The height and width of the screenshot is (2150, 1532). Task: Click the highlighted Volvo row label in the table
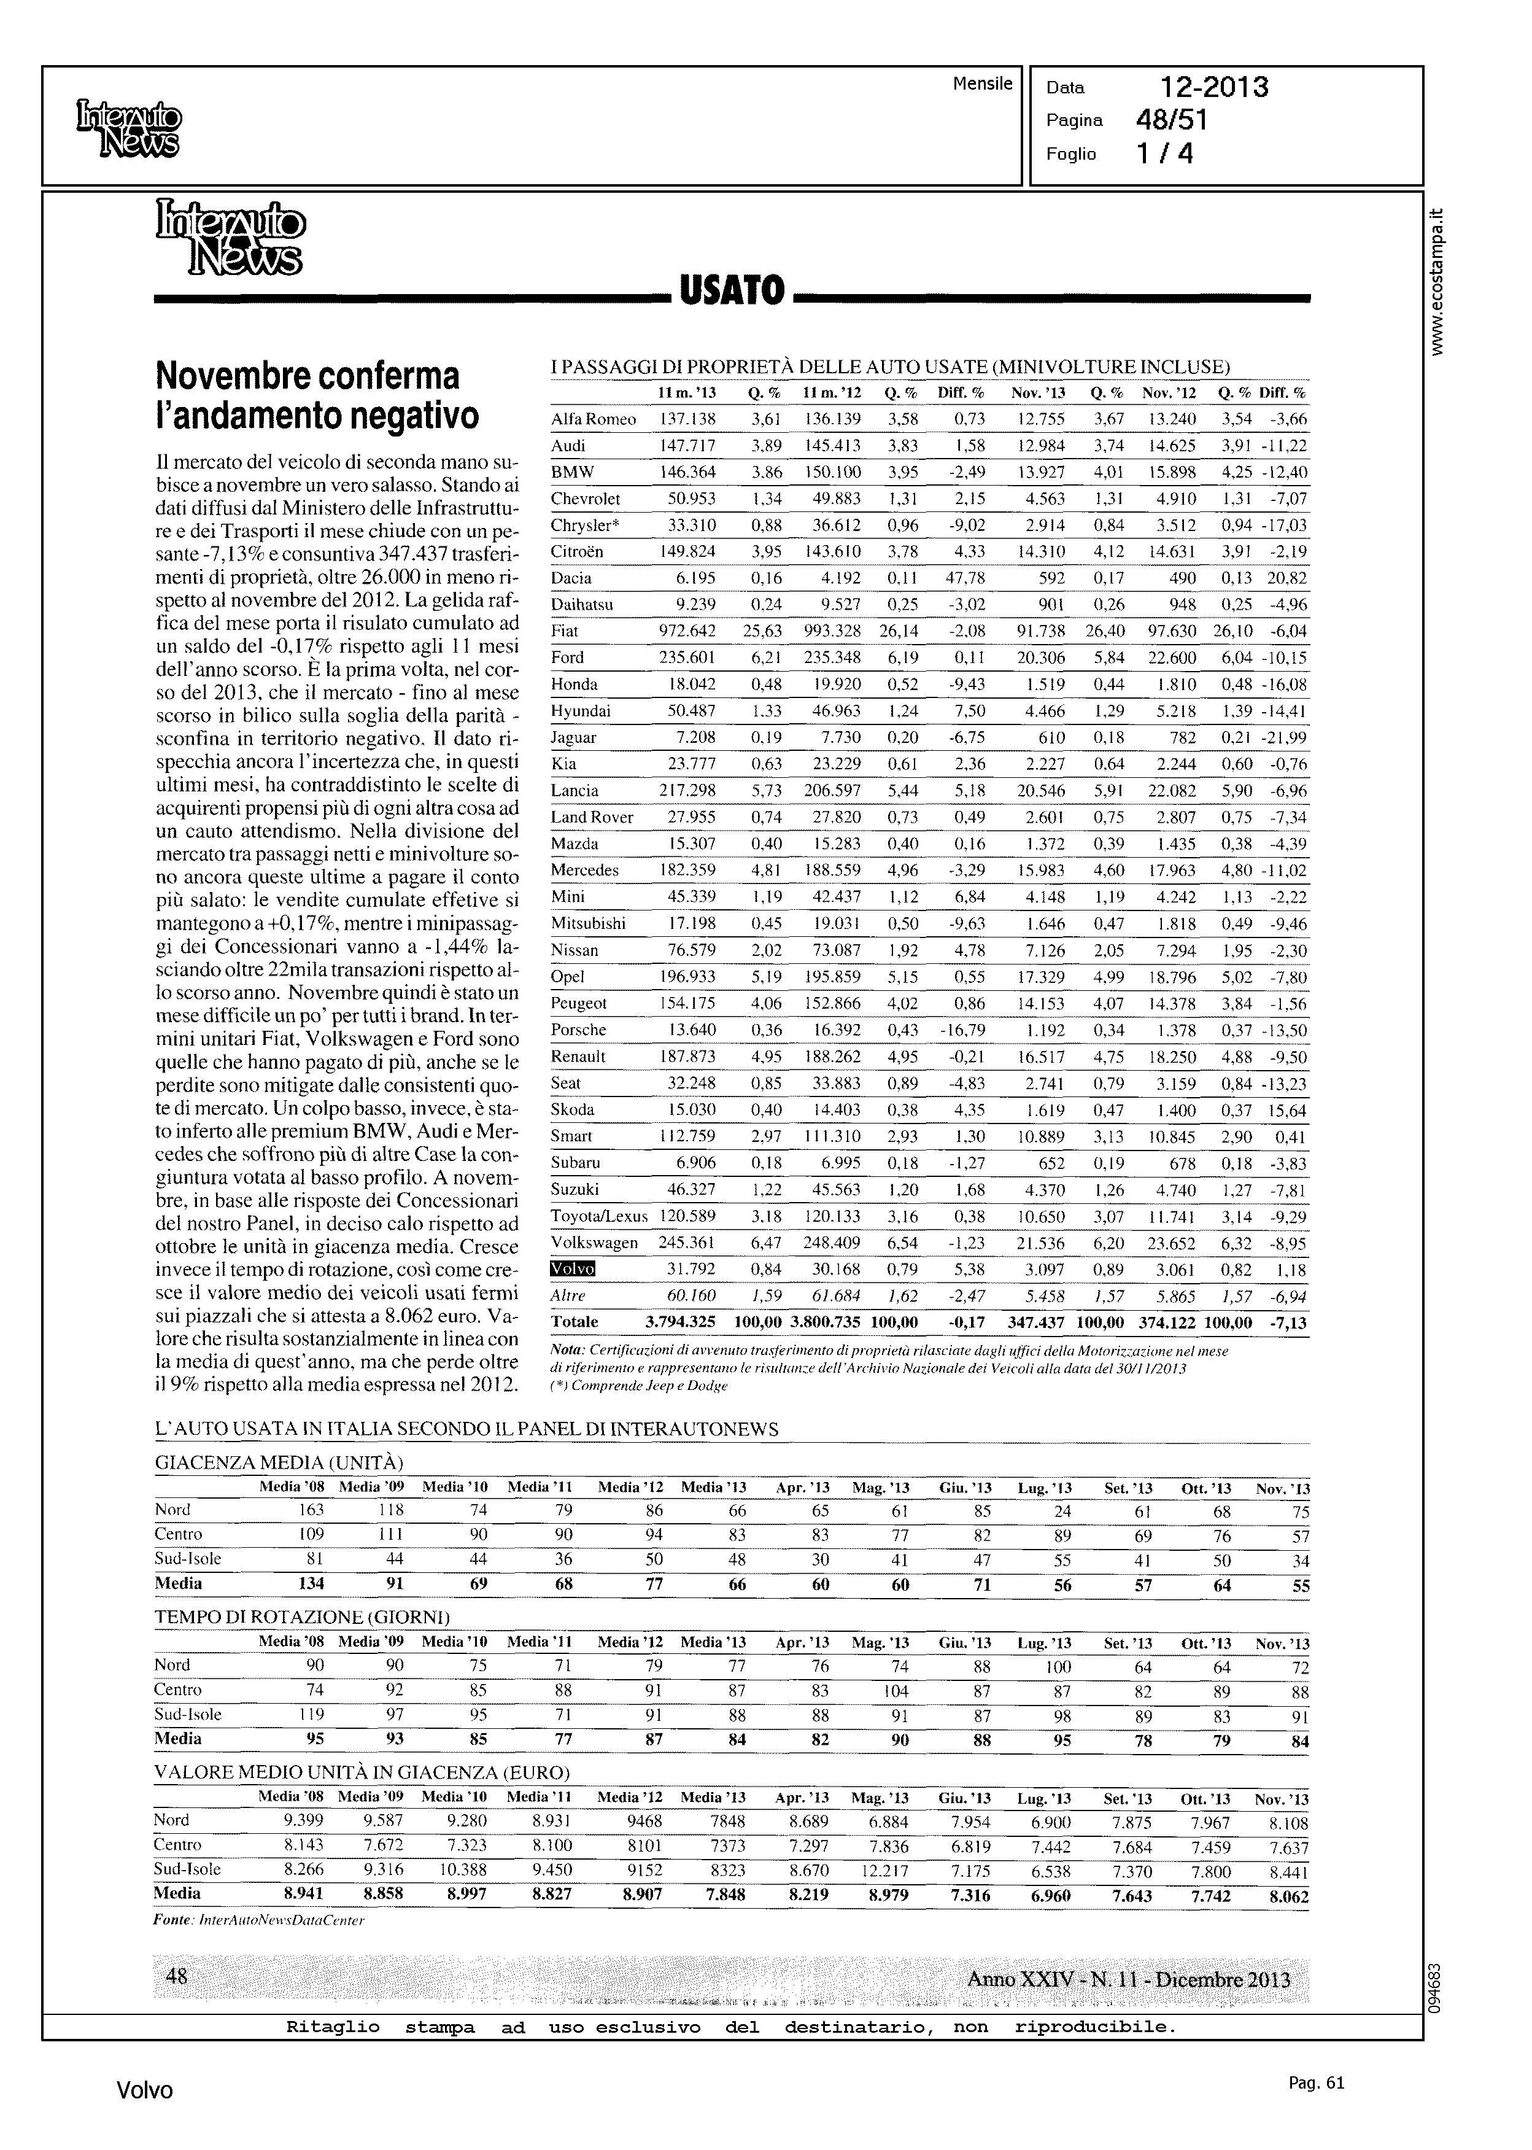[573, 1269]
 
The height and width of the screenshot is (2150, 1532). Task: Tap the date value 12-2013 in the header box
[1214, 88]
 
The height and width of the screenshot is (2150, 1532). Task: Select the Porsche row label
[578, 1029]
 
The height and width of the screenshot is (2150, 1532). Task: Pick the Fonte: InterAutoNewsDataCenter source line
[258, 1919]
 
